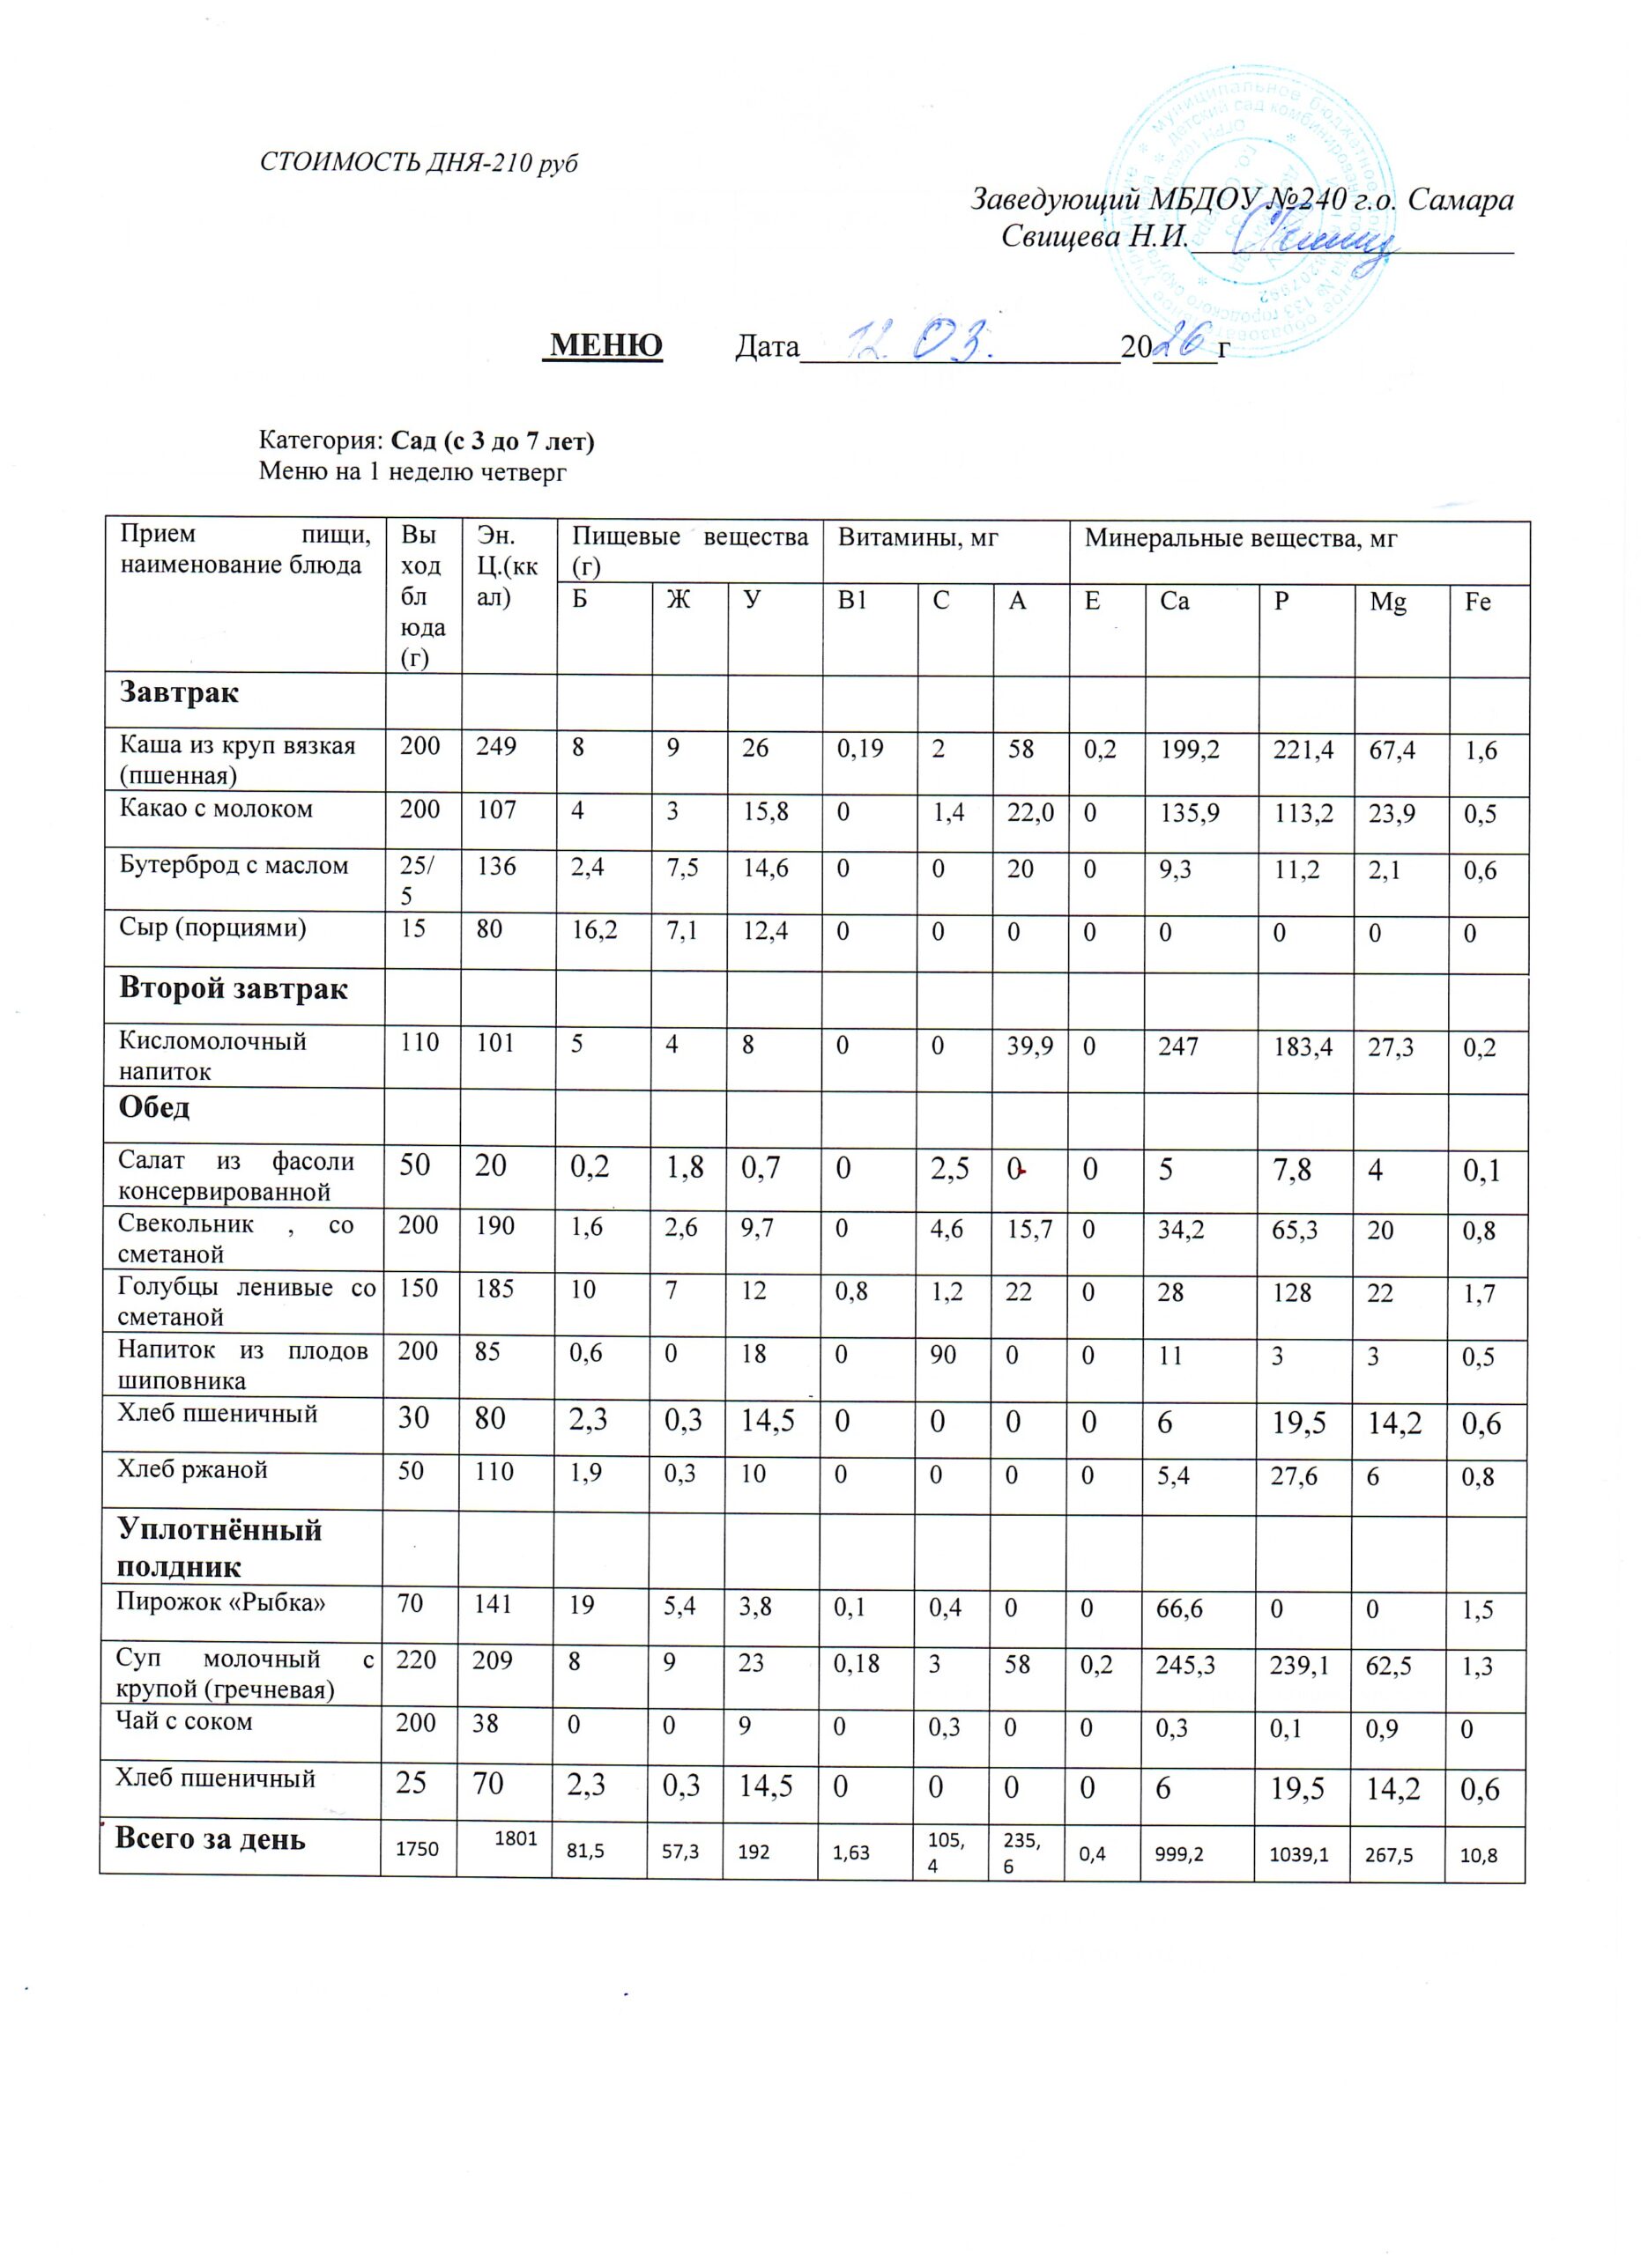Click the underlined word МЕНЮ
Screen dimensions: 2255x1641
click(605, 346)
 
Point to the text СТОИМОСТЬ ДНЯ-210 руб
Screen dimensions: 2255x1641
click(419, 163)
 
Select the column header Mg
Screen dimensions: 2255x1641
click(1387, 603)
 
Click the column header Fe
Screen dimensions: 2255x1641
click(1478, 603)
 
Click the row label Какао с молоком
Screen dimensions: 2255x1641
click(216, 810)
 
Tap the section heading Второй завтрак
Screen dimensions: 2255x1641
click(234, 989)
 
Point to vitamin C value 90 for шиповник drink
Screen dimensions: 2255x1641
click(942, 1355)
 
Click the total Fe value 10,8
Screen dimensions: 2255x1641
click(1479, 1854)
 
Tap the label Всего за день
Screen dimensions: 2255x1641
click(210, 1839)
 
